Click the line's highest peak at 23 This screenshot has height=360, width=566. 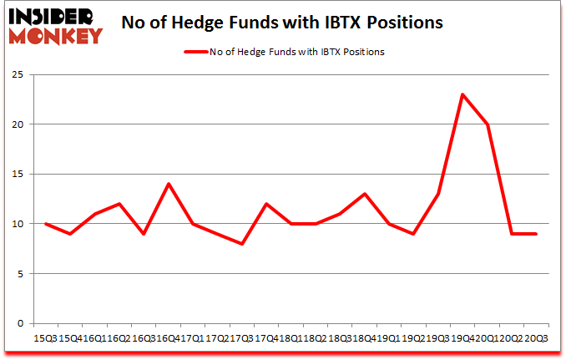click(x=462, y=94)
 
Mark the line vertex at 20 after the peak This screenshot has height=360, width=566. click(x=487, y=124)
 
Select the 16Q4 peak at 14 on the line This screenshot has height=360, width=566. click(x=169, y=184)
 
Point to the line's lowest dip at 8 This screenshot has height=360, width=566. click(x=242, y=244)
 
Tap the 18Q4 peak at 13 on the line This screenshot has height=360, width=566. click(x=364, y=194)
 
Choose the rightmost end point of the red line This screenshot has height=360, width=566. click(x=535, y=234)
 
